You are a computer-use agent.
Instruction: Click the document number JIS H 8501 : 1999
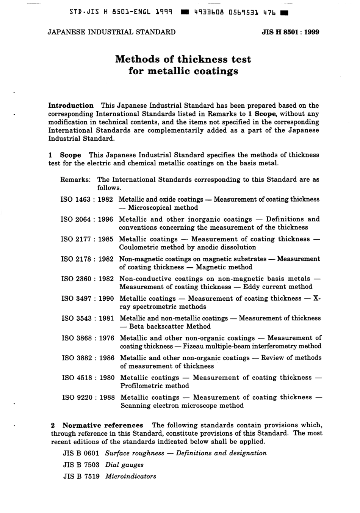click(x=290, y=32)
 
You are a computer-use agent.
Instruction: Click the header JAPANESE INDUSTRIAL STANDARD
click(x=111, y=32)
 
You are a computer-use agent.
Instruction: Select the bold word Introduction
click(x=71, y=105)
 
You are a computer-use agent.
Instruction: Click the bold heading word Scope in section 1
click(x=70, y=155)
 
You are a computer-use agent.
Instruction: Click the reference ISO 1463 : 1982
click(x=87, y=199)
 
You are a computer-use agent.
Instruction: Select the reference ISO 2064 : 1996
click(x=87, y=219)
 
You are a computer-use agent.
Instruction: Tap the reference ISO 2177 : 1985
click(x=87, y=239)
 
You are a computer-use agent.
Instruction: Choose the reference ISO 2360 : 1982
click(x=88, y=279)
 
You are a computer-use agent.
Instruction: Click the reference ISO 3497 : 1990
click(x=88, y=298)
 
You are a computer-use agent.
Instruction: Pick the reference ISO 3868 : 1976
click(x=88, y=338)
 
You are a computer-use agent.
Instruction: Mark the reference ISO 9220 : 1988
click(x=89, y=397)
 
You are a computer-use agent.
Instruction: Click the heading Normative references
click(x=103, y=425)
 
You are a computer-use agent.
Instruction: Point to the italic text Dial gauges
click(x=124, y=465)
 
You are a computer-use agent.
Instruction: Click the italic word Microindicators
click(x=131, y=477)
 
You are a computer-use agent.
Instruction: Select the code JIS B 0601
click(x=81, y=453)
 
